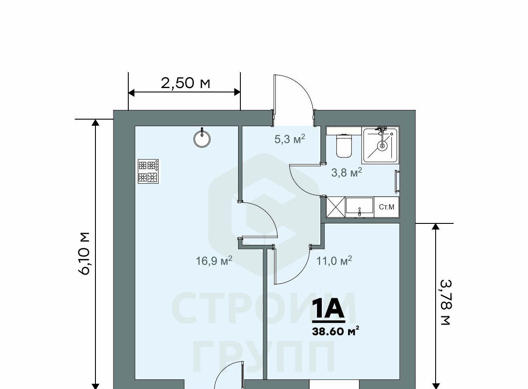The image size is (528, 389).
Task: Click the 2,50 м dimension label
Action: pos(185,84)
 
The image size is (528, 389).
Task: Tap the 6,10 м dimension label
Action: pos(84,254)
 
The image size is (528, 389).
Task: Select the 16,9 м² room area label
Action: pos(214,261)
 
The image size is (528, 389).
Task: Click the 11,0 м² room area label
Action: pos(334,261)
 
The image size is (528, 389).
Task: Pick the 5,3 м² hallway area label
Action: pos(290,139)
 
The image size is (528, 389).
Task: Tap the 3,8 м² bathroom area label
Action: pos(346,173)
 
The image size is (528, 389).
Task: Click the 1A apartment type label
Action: pos(329,309)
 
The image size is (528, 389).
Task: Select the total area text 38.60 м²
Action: pos(336,332)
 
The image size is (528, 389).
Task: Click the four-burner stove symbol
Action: pos(148,171)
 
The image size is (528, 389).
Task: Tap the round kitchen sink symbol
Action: pos(202,139)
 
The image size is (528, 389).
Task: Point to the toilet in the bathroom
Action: pos(344,145)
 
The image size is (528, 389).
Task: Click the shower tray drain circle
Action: pos(382,146)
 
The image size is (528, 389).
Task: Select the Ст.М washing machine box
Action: pos(386,207)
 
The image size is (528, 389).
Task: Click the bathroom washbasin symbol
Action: pos(359,208)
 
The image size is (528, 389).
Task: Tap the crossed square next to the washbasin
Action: pos(335,207)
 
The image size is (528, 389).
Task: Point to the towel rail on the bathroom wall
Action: pos(397,181)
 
